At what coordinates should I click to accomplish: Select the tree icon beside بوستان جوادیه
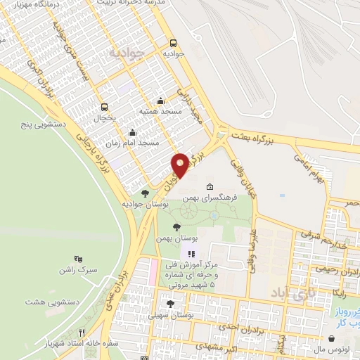146,193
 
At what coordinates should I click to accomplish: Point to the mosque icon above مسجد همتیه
161,101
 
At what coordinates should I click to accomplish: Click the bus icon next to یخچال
105,108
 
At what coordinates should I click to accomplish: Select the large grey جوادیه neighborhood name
129,53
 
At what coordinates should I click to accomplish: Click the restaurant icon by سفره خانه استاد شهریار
82,333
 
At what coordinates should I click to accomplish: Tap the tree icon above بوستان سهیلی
170,304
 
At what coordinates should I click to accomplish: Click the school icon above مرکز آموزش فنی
189,253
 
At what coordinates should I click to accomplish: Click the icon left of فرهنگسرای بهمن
210,187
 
